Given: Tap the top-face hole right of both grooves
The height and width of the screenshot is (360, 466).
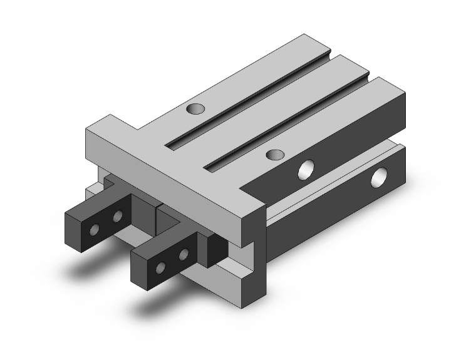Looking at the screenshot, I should coord(272,154).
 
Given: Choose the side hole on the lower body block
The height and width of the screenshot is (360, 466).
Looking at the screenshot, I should coord(379,178).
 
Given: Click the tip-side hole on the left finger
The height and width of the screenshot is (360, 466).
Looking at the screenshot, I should coord(94,230).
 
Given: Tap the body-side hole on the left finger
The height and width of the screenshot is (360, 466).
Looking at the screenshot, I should coord(118,217).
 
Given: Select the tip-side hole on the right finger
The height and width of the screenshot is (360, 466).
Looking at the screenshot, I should coord(160,269).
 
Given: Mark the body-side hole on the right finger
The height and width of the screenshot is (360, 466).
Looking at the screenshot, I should coord(184,255).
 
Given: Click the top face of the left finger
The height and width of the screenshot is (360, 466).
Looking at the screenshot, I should coord(100,202).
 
